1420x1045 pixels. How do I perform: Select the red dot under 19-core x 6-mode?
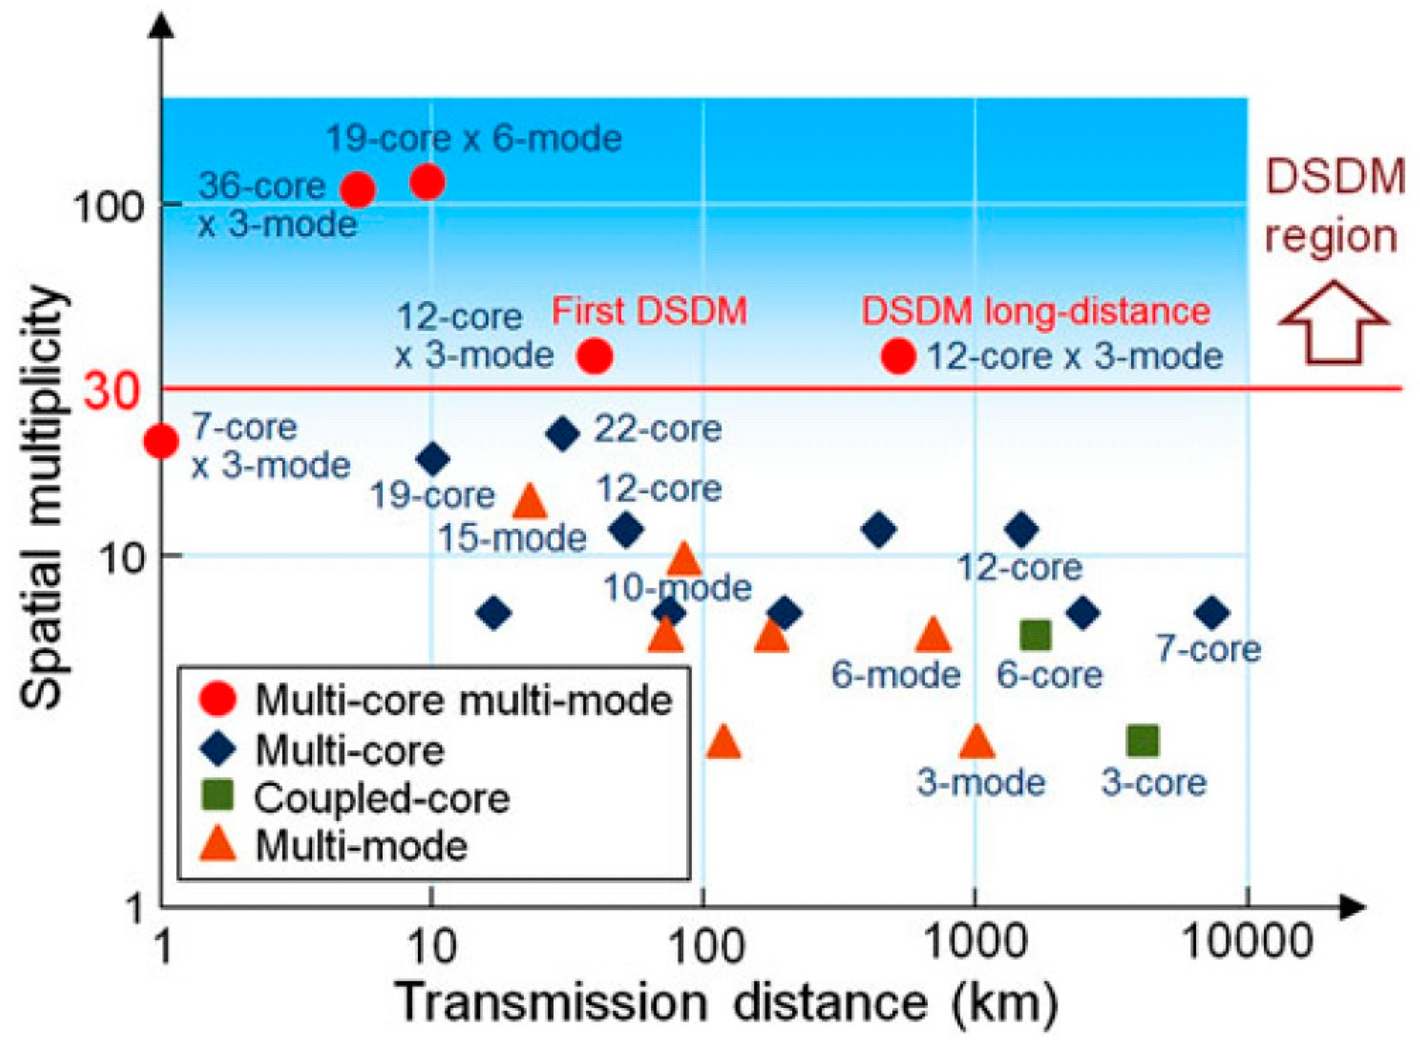click(x=428, y=182)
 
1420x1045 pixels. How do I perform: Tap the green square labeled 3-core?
click(x=1143, y=741)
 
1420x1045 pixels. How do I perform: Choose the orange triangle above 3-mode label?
click(x=977, y=742)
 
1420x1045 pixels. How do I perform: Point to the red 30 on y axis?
click(x=111, y=390)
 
